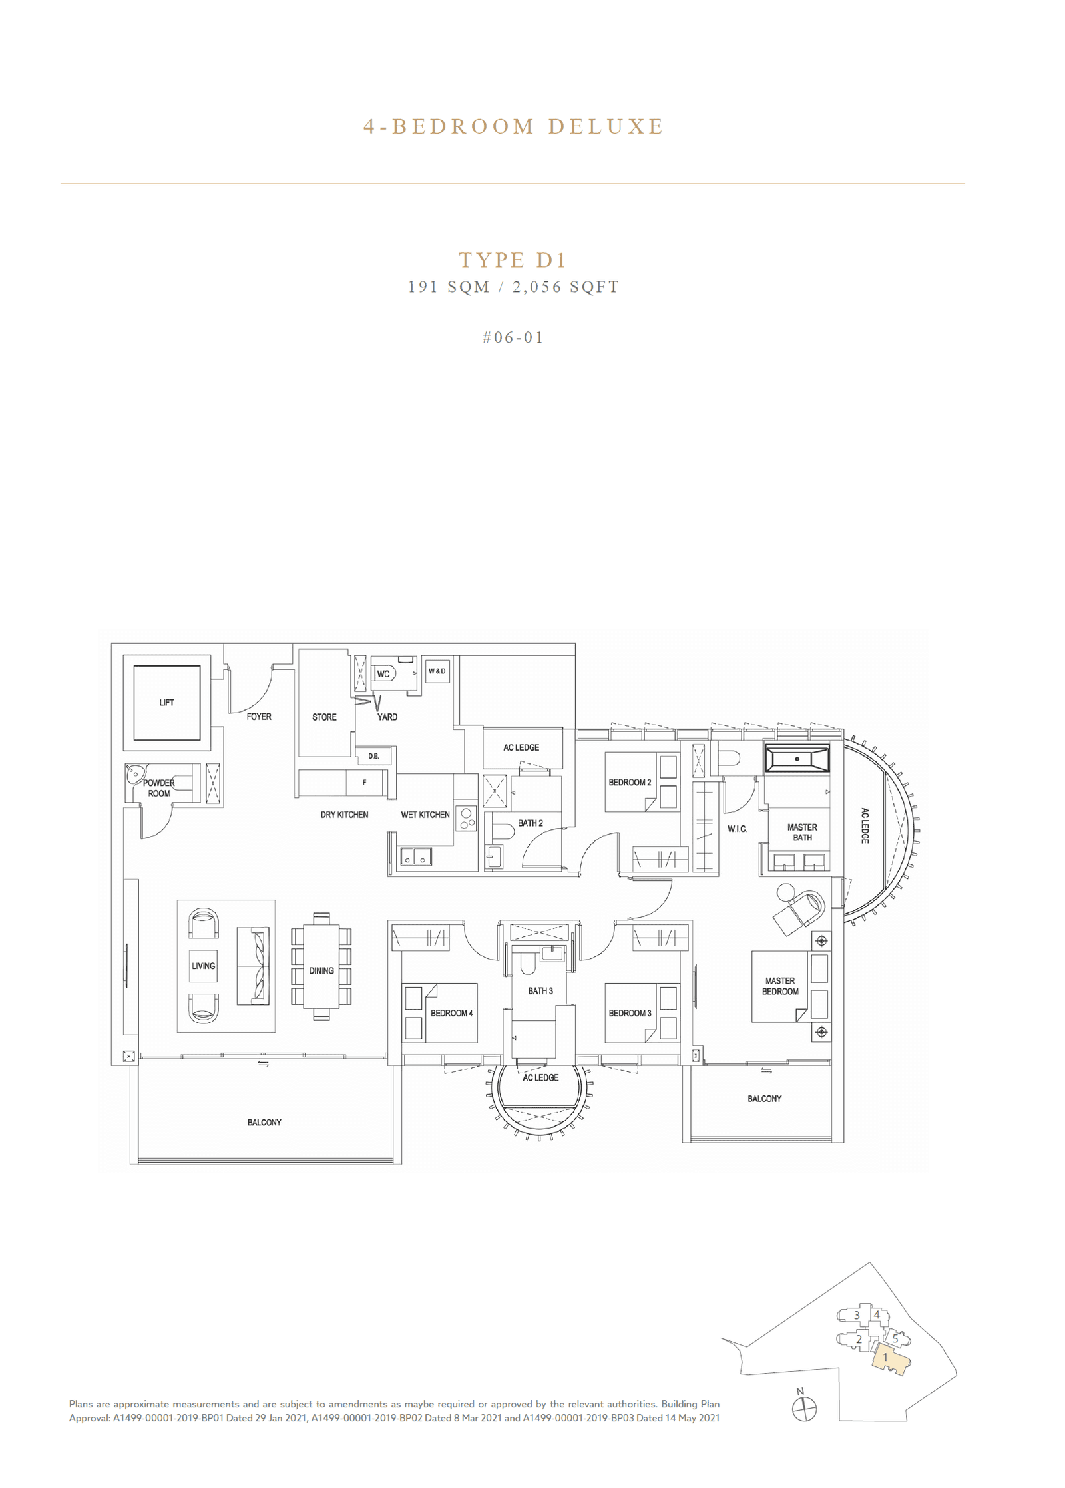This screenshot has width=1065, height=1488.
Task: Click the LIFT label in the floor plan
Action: tap(166, 702)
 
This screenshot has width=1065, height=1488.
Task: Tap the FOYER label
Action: tap(259, 717)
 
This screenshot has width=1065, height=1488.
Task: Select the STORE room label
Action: tap(324, 717)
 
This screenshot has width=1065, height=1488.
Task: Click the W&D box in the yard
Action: tap(437, 671)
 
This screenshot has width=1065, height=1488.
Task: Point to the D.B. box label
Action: tap(373, 756)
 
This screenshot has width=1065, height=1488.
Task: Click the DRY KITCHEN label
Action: tap(344, 815)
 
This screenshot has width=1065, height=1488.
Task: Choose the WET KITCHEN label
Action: tap(425, 815)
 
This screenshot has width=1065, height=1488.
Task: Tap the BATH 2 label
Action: tap(531, 823)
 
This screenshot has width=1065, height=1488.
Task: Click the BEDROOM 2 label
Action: tap(630, 783)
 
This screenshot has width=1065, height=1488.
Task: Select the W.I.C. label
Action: tap(737, 829)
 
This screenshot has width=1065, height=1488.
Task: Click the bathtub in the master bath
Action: tap(797, 759)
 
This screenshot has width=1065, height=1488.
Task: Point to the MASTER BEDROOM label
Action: tap(780, 986)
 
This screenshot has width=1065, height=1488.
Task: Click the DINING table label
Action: tap(321, 971)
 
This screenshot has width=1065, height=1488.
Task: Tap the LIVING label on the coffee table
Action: tap(204, 966)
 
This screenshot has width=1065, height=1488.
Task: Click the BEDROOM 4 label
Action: tap(451, 1013)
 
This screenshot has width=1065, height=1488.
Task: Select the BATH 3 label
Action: tap(540, 991)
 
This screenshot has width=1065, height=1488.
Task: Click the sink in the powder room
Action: tap(135, 774)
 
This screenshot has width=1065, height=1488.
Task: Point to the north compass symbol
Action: tap(804, 1409)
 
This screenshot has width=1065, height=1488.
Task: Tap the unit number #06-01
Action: tap(513, 338)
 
